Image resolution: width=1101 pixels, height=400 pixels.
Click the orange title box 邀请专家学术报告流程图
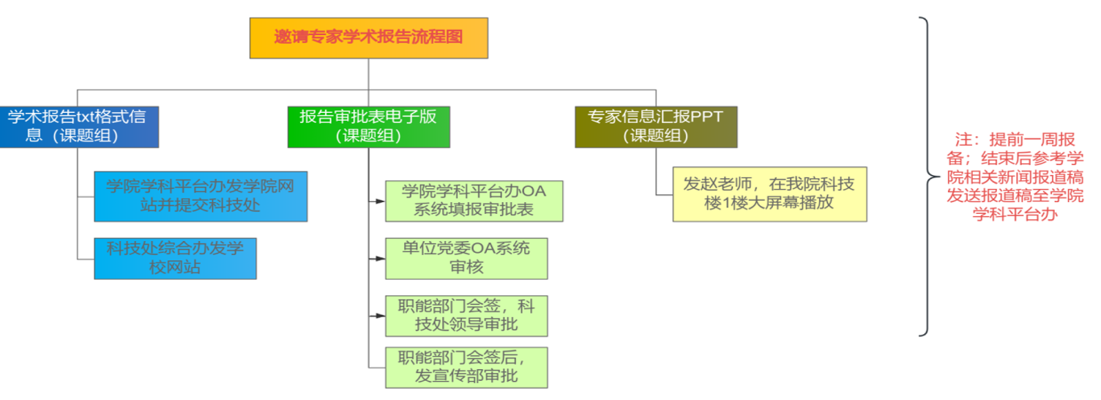click(x=368, y=38)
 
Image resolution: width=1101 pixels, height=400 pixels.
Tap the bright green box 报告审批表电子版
click(x=368, y=126)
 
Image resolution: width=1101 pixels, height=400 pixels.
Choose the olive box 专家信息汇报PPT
click(x=655, y=126)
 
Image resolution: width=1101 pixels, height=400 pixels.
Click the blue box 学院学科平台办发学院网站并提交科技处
click(x=200, y=196)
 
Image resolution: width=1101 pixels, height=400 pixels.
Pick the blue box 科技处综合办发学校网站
click(x=175, y=258)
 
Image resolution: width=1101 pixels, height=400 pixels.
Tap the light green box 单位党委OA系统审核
click(x=466, y=258)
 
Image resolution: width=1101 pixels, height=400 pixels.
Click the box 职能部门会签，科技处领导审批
click(x=466, y=316)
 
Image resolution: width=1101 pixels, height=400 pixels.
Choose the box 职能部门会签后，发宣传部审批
click(x=466, y=367)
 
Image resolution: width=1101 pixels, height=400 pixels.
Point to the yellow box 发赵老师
click(x=769, y=193)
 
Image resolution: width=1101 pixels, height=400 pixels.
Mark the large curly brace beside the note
click(x=928, y=177)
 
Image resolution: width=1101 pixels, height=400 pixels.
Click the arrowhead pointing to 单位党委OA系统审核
click(x=381, y=259)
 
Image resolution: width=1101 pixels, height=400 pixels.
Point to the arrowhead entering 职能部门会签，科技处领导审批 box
click(x=381, y=316)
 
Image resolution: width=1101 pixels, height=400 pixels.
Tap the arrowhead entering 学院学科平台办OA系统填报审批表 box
click(x=381, y=201)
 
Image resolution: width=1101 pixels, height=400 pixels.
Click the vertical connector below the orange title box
click(x=368, y=74)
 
